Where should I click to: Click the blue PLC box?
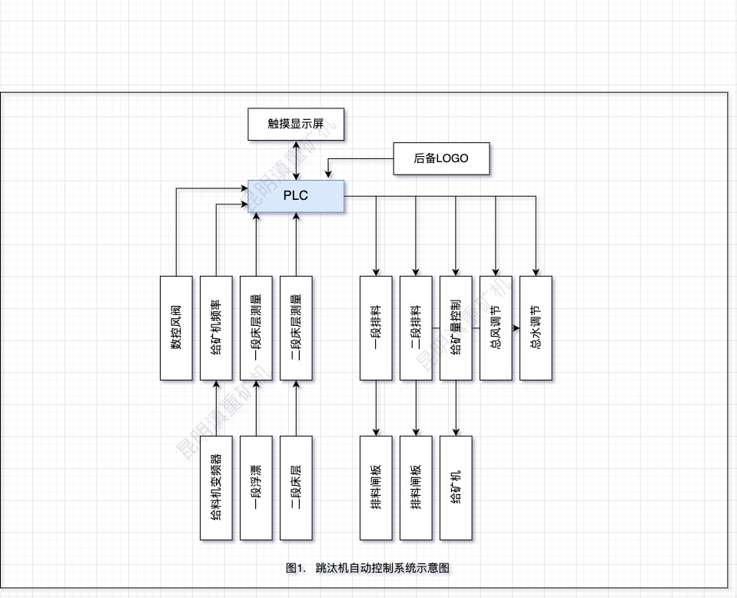(296, 195)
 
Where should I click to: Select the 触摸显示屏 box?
(296, 125)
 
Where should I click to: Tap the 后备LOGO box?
(440, 158)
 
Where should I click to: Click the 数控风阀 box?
(176, 327)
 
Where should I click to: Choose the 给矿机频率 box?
(216, 327)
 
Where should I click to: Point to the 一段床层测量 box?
(256, 327)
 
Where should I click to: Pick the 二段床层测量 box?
(296, 327)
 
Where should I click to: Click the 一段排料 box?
(376, 327)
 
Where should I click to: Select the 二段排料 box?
(416, 327)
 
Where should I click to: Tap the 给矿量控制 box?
(456, 327)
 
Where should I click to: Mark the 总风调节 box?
(496, 327)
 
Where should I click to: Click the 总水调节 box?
(536, 327)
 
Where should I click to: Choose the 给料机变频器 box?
(216, 487)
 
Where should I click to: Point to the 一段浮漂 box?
(256, 487)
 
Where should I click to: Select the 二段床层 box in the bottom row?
(296, 487)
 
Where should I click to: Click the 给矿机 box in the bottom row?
(456, 487)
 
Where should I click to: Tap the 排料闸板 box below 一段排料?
(376, 487)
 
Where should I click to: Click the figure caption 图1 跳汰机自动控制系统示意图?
(367, 568)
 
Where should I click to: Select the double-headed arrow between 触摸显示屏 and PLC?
(296, 160)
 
